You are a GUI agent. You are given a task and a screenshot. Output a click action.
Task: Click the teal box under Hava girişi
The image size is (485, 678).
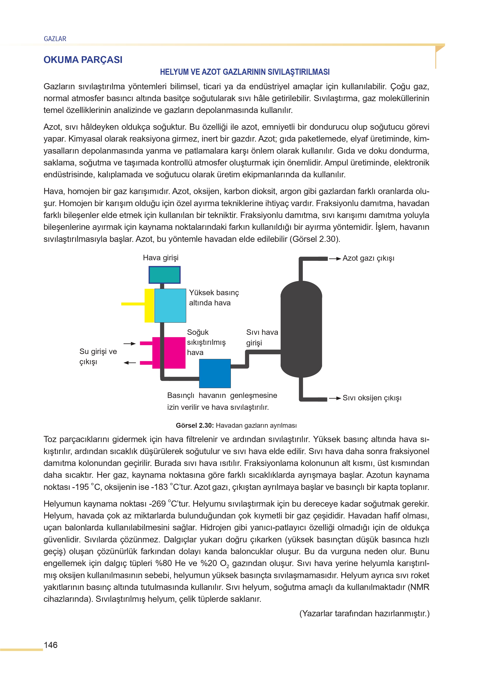pyautogui.click(x=165, y=275)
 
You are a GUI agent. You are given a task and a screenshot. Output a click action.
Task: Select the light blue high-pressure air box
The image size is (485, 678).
pyautogui.click(x=170, y=305)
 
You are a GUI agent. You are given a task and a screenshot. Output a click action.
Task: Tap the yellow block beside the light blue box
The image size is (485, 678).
pyautogui.click(x=149, y=305)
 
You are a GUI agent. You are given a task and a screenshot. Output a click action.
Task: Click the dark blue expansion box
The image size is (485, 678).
pyautogui.click(x=215, y=373)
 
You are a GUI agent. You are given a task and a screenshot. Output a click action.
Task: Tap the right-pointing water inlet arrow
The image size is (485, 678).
pyautogui.click(x=130, y=343)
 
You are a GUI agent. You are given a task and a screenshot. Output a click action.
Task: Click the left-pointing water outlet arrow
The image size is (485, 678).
pyautogui.click(x=130, y=363)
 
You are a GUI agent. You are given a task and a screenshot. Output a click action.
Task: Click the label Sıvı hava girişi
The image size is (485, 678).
pyautogui.click(x=262, y=337)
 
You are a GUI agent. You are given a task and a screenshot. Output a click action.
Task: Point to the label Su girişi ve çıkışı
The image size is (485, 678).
pyautogui.click(x=98, y=356)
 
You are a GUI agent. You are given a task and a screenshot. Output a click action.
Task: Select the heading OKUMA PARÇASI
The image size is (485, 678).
pyautogui.click(x=83, y=60)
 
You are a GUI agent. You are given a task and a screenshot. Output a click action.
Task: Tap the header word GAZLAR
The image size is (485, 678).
pyautogui.click(x=55, y=39)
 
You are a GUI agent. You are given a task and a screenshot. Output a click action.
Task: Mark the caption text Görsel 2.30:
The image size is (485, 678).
pyautogui.click(x=195, y=425)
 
